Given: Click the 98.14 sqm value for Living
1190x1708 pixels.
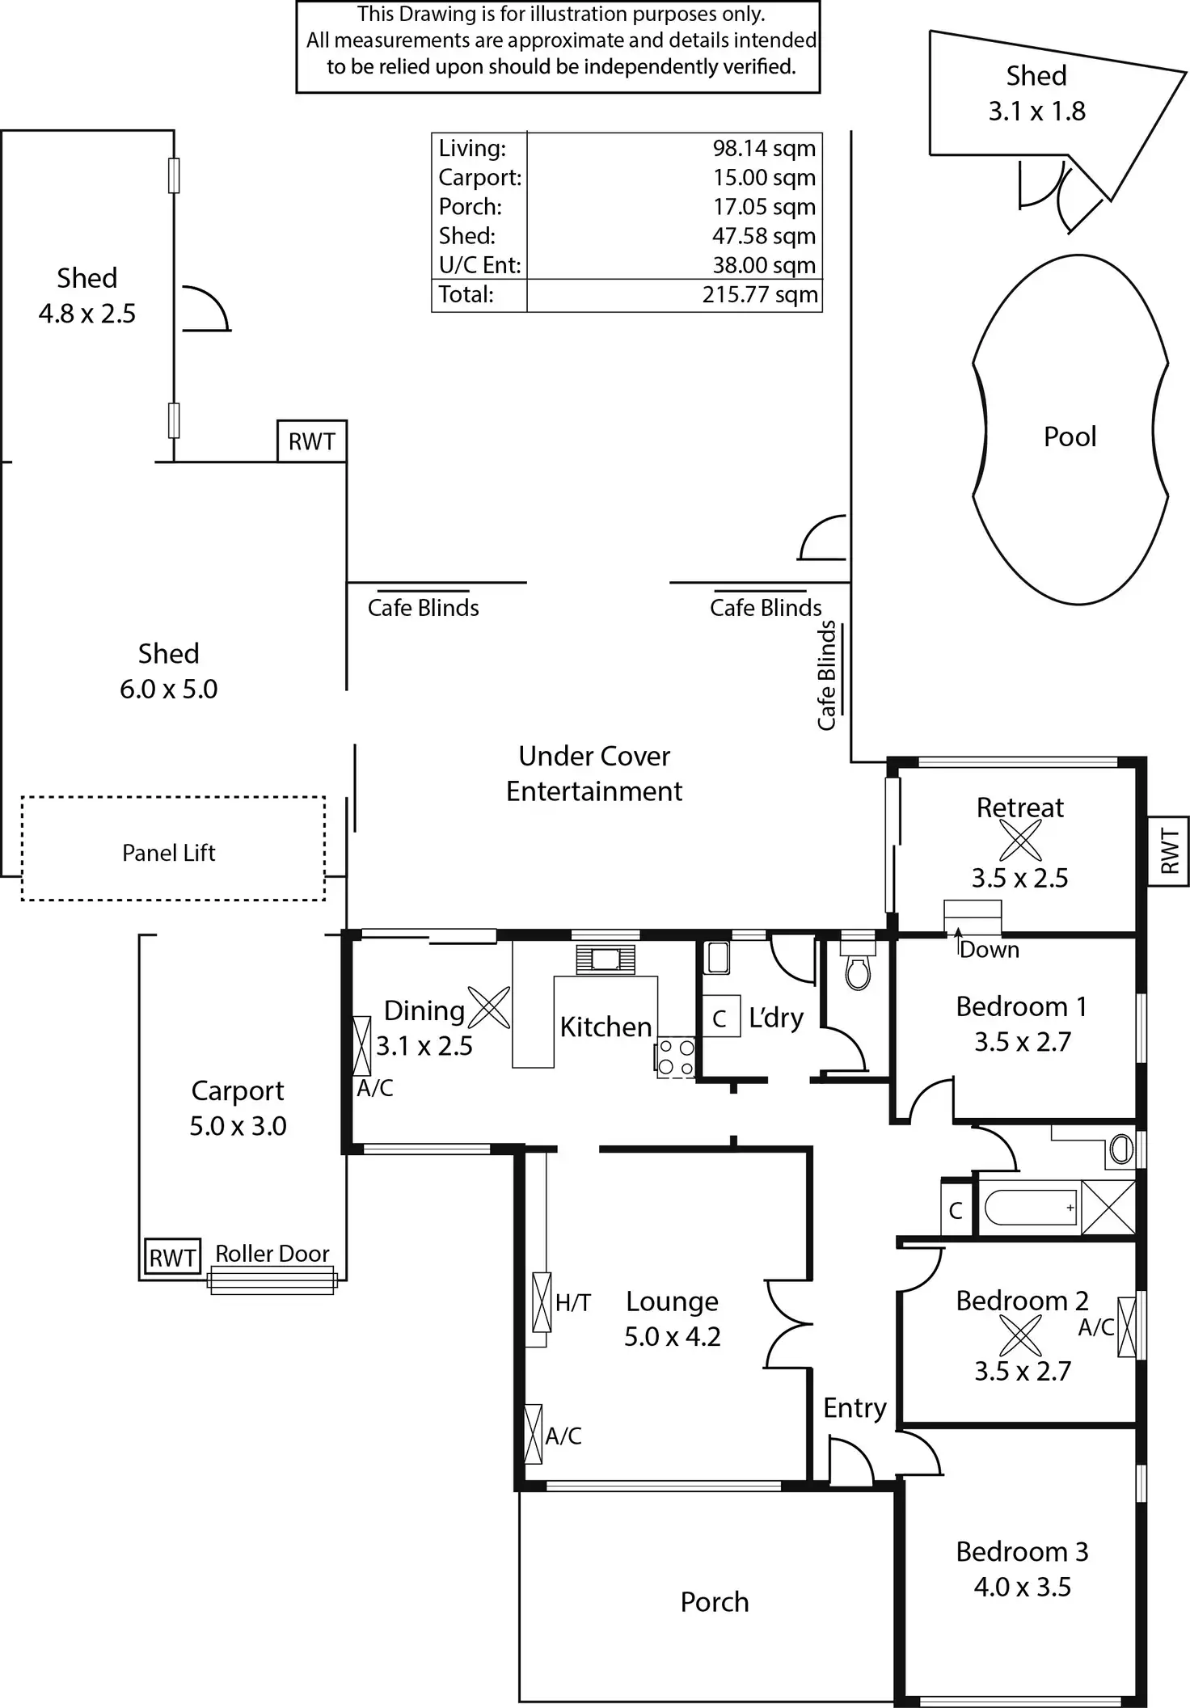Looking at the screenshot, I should coord(763,149).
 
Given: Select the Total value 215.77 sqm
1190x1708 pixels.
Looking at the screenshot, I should coord(759,294).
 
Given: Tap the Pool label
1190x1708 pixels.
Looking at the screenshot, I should coord(1070,436).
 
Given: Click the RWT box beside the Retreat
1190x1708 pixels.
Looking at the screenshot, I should coord(1168,851).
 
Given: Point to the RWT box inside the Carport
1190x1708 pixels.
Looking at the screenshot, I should coord(172,1258).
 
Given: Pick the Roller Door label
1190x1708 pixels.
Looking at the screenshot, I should coord(272,1254).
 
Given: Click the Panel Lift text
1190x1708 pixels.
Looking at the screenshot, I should coord(169,853).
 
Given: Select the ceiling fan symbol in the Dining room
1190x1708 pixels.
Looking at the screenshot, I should coord(489,1008).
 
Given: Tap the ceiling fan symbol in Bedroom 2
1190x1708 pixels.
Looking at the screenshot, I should coord(1020,1335).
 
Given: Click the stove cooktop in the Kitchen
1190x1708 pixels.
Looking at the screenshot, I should coord(676,1056).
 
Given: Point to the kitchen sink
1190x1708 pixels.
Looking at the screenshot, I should coord(606,959).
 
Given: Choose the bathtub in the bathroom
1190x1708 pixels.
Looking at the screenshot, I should coord(1031,1208).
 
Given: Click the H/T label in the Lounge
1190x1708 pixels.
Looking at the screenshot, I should coord(573,1302).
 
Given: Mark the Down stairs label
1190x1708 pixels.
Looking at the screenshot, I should coord(990,950).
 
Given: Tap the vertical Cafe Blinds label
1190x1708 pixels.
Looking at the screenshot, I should coord(826,676).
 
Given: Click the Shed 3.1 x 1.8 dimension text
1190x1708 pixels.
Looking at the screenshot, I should coord(1036,112).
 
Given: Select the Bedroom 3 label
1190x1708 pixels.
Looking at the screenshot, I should coord(1022,1551).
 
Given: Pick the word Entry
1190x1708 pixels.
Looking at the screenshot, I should coord(855,1407).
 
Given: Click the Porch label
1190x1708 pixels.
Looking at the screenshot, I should coord(715,1601).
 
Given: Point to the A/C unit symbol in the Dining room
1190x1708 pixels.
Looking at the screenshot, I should coord(362,1046).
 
